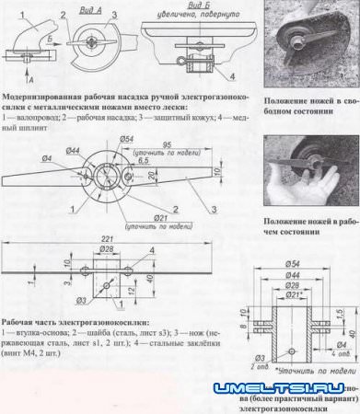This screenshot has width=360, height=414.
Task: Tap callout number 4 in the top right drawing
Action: pyautogui.click(x=233, y=75)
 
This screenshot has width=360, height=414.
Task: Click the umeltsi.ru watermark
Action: pyautogui.click(x=285, y=389)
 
